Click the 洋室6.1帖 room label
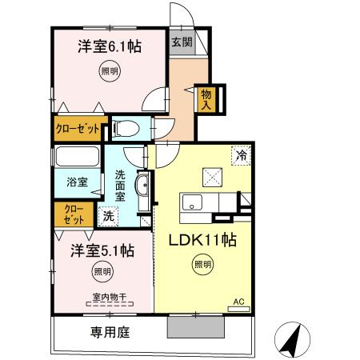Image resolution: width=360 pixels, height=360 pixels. [x=110, y=46]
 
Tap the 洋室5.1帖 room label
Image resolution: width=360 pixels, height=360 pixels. [x=100, y=250]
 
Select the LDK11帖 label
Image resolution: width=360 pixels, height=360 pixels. [x=200, y=238]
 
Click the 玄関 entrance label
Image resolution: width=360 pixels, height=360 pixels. [x=180, y=43]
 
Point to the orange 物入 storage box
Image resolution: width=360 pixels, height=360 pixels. [x=206, y=98]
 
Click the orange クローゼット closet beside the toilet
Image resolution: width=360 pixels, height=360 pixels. [x=78, y=127]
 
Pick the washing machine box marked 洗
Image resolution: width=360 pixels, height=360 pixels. [x=108, y=215]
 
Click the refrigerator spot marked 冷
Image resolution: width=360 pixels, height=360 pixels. [x=239, y=155]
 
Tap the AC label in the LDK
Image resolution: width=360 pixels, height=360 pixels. [x=238, y=302]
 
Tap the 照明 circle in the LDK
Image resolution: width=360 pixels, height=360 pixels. [x=202, y=265]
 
